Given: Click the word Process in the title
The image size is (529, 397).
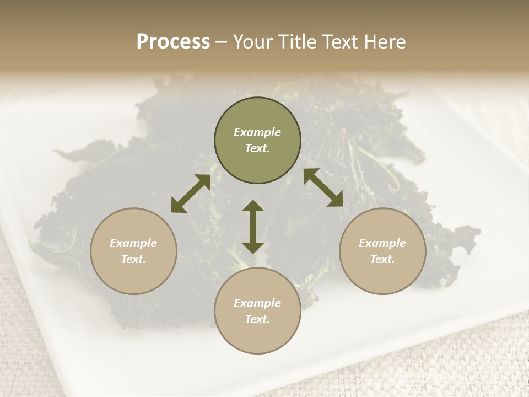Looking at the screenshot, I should pyautogui.click(x=173, y=42).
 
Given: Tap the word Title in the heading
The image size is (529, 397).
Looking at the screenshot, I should pyautogui.click(x=298, y=42).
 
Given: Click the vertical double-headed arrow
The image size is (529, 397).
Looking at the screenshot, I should pyautogui.click(x=253, y=227).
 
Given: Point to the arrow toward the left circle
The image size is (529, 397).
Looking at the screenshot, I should pyautogui.click(x=191, y=194).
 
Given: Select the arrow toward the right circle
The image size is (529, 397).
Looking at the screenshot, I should pyautogui.click(x=323, y=187).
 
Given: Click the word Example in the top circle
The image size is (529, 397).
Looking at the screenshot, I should pyautogui.click(x=257, y=132).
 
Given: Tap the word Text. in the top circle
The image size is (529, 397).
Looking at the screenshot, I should pyautogui.click(x=257, y=148).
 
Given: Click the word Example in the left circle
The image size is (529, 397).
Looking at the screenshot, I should pyautogui.click(x=133, y=243).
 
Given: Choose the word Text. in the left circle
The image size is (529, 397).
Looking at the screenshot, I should pyautogui.click(x=133, y=259).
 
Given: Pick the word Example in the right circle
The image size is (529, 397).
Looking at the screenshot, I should pyautogui.click(x=382, y=243).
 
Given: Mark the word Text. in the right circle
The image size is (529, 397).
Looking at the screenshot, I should pyautogui.click(x=382, y=259).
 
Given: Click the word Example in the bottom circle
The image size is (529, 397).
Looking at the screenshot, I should pyautogui.click(x=257, y=303).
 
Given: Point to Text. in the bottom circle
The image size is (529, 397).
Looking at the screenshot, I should pyautogui.click(x=257, y=319).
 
